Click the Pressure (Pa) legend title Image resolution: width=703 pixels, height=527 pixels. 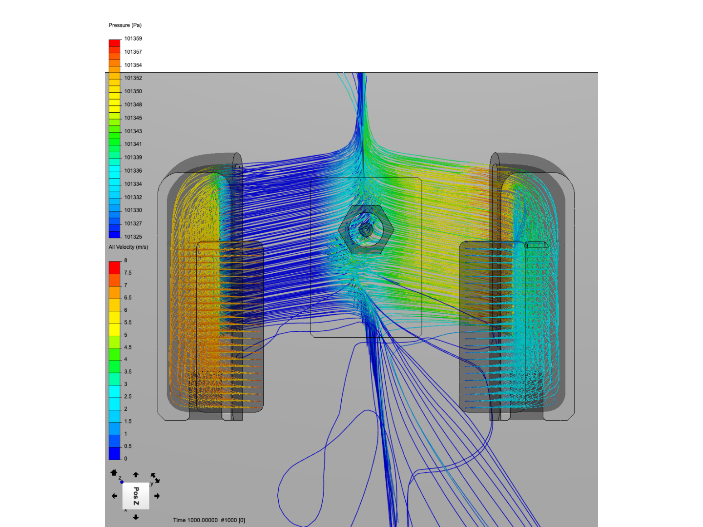tap(125, 25)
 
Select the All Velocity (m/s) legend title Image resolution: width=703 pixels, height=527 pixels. tap(128, 247)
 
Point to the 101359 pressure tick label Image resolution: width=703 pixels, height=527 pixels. tap(133, 39)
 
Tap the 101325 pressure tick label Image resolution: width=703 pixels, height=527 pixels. tap(133, 237)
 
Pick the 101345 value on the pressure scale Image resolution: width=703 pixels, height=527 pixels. tap(133, 118)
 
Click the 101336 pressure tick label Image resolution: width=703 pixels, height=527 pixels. tap(133, 171)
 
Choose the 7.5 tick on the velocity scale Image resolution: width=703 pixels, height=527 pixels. tap(128, 273)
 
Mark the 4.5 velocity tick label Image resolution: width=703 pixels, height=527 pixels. tap(128, 347)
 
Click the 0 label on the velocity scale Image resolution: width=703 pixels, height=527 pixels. tap(125, 459)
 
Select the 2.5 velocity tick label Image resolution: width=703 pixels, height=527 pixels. tap(128, 396)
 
